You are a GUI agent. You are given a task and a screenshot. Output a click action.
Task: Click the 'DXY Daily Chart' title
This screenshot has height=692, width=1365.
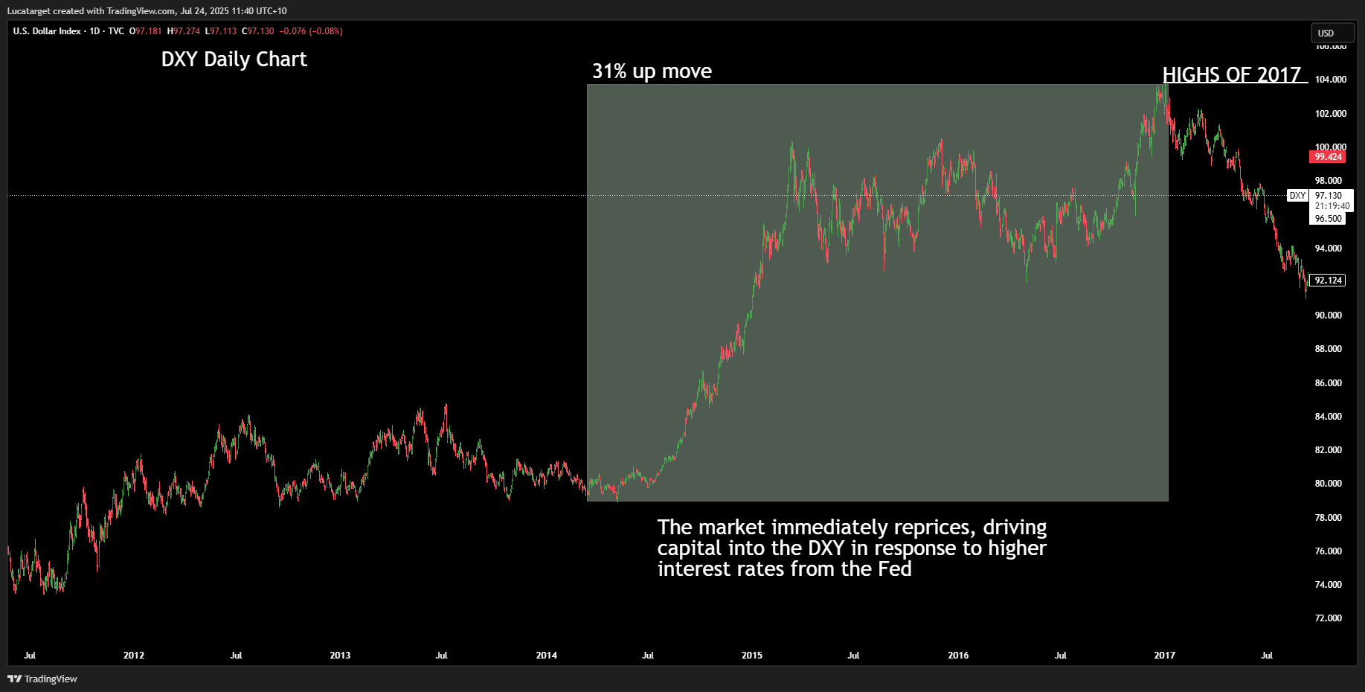point(234,60)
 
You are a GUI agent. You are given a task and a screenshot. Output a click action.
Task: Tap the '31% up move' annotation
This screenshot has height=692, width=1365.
point(652,71)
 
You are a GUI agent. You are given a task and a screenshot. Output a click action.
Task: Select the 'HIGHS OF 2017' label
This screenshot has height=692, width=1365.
point(1232,74)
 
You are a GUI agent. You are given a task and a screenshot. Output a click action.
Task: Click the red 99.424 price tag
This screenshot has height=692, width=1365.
point(1328,157)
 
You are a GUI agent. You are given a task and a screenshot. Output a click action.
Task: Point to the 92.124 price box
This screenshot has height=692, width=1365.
point(1328,281)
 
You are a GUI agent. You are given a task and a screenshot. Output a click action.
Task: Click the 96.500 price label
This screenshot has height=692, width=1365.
point(1328,219)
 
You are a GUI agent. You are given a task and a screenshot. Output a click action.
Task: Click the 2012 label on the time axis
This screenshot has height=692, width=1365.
point(134,656)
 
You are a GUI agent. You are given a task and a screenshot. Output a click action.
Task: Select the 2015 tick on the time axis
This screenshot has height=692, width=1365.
point(751,656)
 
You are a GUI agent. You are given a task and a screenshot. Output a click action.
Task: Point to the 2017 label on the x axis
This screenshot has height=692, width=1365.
point(1164,656)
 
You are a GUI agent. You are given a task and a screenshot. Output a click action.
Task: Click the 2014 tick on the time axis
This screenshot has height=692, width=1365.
point(546,656)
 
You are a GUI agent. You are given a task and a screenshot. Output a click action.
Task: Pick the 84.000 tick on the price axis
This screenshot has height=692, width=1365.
point(1328,417)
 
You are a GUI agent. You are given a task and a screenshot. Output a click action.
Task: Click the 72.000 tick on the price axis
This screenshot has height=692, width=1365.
point(1328,618)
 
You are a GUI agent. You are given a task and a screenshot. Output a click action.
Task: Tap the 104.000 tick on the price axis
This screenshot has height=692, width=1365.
point(1330,80)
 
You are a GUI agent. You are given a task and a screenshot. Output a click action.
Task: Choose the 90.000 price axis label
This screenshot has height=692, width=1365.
point(1328,315)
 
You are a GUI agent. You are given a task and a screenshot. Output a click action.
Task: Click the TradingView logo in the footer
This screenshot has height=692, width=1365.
point(42,679)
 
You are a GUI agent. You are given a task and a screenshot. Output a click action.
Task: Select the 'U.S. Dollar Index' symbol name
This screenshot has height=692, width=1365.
point(47,31)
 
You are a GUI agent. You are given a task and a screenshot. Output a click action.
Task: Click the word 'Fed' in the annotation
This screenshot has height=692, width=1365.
point(895,569)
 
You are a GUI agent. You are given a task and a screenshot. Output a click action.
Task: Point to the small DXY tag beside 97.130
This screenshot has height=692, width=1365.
point(1297,196)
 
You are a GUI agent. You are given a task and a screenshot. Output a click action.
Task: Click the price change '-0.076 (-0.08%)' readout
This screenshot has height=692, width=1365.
point(311,31)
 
